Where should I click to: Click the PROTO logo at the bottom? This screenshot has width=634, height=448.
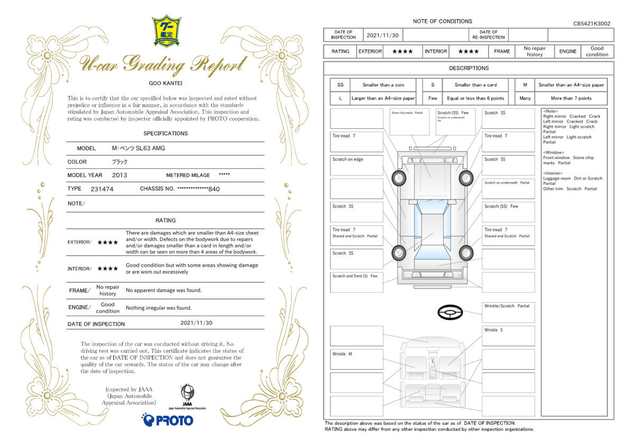pyautogui.click(x=167, y=420)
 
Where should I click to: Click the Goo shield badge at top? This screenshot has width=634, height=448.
pyautogui.click(x=166, y=31)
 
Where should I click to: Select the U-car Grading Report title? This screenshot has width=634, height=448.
pyautogui.click(x=163, y=65)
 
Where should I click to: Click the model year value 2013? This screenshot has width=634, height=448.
pyautogui.click(x=119, y=175)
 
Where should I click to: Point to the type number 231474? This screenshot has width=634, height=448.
pyautogui.click(x=102, y=189)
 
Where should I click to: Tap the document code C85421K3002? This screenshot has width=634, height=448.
pyautogui.click(x=591, y=24)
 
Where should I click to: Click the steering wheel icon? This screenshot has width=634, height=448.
pyautogui.click(x=450, y=313)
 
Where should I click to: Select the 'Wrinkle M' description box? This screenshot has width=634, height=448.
pyautogui.click(x=357, y=359)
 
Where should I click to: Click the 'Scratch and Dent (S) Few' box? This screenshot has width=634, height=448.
pyautogui.click(x=357, y=282)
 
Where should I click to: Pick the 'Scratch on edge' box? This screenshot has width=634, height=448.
pyautogui.click(x=357, y=165)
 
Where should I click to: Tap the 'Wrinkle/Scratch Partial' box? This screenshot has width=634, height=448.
pyautogui.click(x=508, y=312)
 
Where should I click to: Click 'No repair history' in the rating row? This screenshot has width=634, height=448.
pyautogui.click(x=534, y=51)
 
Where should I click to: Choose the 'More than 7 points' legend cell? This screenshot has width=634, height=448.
pyautogui.click(x=571, y=98)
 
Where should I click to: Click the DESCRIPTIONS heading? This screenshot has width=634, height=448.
pyautogui.click(x=469, y=68)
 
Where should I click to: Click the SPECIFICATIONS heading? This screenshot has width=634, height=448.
pyautogui.click(x=165, y=134)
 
